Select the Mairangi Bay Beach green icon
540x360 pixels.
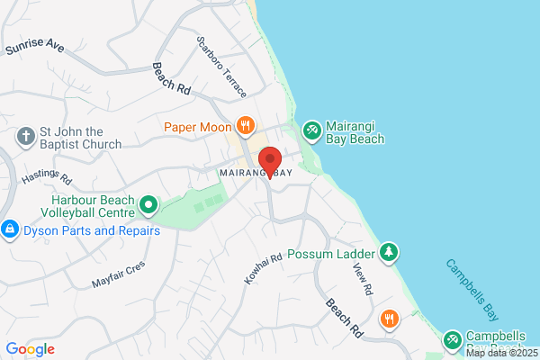311,130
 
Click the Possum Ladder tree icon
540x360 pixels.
388,254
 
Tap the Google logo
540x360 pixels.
30,349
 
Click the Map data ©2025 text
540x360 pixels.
500,352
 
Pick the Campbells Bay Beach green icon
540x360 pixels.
453,340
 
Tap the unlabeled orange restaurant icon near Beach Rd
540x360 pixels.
389,319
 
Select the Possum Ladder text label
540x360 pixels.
329,255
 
